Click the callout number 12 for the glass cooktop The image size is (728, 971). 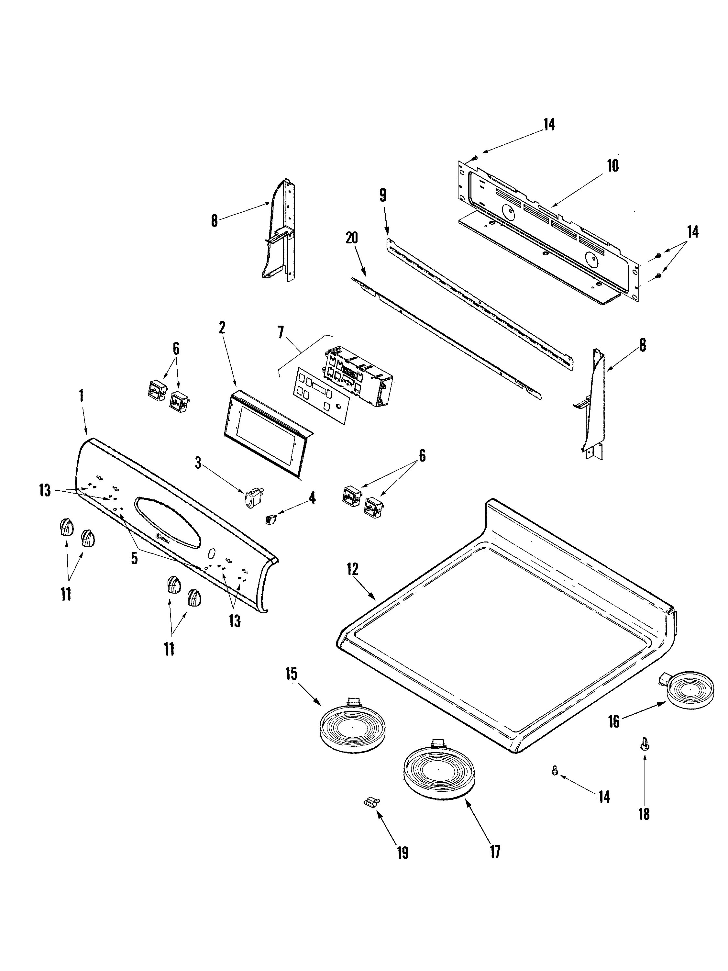(352, 570)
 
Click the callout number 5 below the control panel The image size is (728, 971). (134, 558)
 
